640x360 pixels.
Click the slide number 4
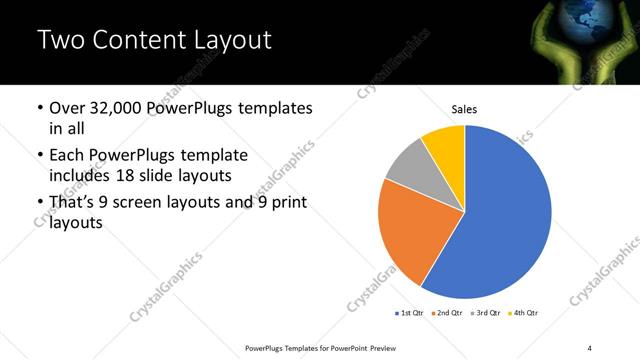click(x=590, y=347)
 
